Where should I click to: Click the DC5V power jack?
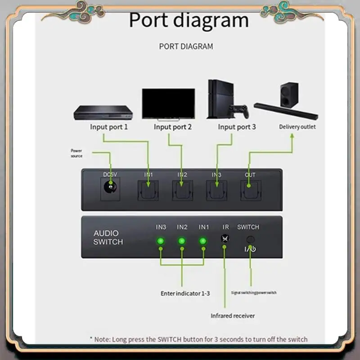pos(108,187)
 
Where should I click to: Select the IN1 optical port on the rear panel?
pos(148,190)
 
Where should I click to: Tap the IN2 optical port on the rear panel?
pos(182,190)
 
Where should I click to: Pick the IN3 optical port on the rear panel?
pos(216,190)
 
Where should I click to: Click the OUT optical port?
pos(250,190)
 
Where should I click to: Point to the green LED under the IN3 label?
pos(161,241)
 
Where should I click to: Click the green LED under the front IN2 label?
pos(182,241)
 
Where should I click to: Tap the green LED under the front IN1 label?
pos(203,241)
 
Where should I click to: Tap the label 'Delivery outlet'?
pos(297,127)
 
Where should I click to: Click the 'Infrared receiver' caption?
pos(233,316)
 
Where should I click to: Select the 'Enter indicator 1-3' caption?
pos(185,293)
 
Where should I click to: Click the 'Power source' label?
pos(76,153)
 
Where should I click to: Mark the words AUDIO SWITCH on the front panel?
pos(108,238)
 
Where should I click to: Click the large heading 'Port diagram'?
pos(189,21)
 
